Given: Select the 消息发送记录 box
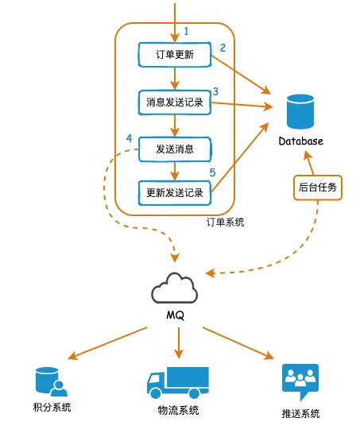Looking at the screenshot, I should click(x=175, y=102).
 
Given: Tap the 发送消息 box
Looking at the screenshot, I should click(x=175, y=148).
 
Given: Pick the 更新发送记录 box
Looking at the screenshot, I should click(x=175, y=192).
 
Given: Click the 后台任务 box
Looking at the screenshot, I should click(x=318, y=189).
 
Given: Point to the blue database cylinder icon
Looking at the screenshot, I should click(x=301, y=111).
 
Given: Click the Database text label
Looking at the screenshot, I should click(x=301, y=141).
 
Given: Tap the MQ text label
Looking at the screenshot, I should click(x=176, y=315).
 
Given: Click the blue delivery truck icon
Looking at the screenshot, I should click(x=177, y=382).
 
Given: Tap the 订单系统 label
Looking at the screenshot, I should click(x=225, y=222).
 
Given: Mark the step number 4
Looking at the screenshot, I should click(x=129, y=139).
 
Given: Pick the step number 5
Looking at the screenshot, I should click(x=212, y=172).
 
